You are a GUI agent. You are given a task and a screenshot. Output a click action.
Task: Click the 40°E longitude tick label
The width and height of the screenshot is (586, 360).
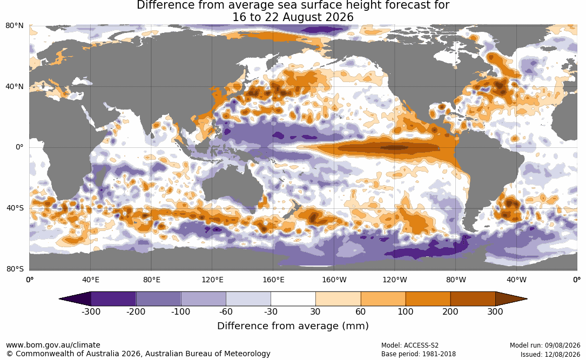pos(90,280)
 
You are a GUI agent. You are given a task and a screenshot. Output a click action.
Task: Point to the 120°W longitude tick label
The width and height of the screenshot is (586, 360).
pos(395,280)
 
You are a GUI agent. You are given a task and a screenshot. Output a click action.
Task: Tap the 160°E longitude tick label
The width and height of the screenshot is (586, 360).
pos(273,280)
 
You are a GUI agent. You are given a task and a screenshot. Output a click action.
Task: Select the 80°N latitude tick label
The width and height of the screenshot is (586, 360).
pos(15,26)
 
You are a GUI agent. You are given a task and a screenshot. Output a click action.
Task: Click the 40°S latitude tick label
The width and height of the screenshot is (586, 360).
pos(15,208)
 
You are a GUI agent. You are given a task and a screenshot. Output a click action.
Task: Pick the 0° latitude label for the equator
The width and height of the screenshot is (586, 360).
pos(20,147)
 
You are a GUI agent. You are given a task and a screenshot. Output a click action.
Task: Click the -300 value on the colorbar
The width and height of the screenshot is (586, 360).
pos(91,311)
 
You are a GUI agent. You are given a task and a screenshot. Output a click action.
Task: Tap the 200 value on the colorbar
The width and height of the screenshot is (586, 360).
pos(450,311)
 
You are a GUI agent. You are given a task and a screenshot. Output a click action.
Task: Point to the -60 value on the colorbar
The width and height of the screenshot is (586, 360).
pos(226,311)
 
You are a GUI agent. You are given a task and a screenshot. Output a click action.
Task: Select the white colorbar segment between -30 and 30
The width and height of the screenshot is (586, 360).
pos(293,299)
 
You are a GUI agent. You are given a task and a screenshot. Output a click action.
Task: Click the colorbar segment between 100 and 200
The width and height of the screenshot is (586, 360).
pos(428,299)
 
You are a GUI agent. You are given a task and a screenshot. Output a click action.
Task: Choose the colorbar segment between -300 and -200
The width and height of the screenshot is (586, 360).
pos(113,299)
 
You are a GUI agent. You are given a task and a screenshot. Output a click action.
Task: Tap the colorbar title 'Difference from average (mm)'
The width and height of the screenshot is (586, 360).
pos(293,326)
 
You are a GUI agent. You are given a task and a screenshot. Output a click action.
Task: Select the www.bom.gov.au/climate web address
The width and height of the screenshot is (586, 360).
pos(53,345)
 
